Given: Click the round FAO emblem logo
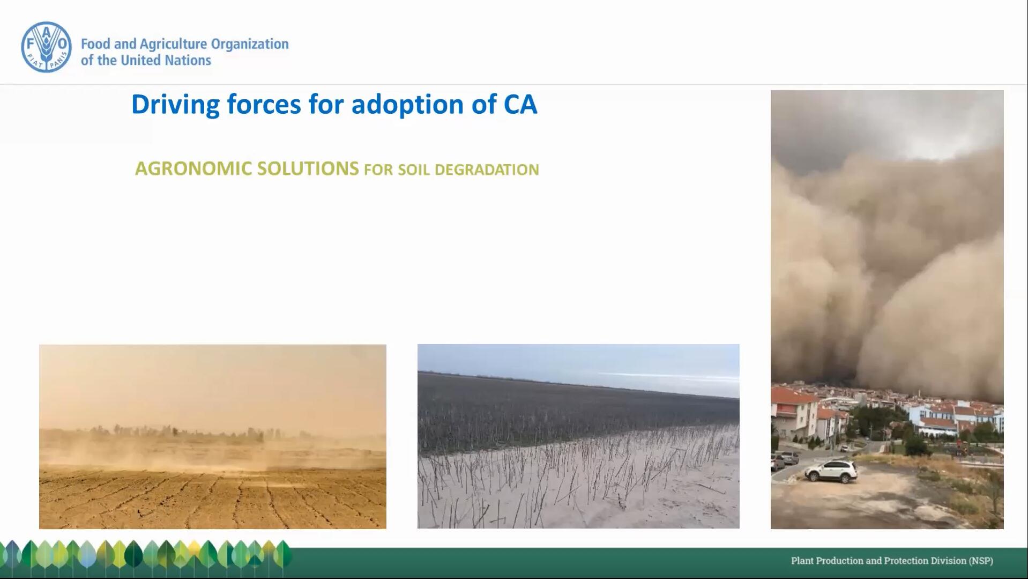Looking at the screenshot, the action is (46, 47).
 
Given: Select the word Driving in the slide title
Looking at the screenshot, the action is (175, 105).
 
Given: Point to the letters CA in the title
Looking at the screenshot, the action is (520, 104).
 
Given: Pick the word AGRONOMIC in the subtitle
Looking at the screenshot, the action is (193, 168).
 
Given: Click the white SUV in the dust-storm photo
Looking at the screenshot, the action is (831, 471).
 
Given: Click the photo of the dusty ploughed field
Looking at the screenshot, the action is (213, 437).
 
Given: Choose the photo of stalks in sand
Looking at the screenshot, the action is (578, 436).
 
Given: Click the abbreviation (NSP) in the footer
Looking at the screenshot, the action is (980, 561).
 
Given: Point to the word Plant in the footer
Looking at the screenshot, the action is (802, 561).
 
